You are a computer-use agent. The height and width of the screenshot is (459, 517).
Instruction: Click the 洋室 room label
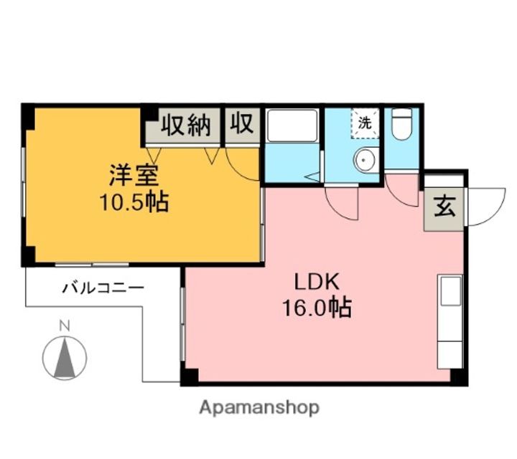(x=134, y=176)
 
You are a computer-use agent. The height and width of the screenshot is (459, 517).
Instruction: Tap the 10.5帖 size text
(x=134, y=202)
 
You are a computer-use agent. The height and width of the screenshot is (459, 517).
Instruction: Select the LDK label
(x=317, y=282)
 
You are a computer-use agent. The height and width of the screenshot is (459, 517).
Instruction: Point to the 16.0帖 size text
(x=317, y=308)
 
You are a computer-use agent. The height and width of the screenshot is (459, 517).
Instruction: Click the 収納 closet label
(x=185, y=125)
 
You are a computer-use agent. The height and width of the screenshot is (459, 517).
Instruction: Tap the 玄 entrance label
(x=444, y=207)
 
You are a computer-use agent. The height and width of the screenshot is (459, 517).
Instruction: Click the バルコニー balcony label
(x=103, y=288)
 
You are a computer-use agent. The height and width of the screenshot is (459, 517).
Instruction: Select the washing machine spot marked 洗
(x=365, y=123)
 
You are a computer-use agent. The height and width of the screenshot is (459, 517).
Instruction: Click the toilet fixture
(x=402, y=124)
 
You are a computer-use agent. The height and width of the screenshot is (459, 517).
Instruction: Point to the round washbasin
(x=364, y=160)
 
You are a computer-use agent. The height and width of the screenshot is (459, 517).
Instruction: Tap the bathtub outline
(x=292, y=126)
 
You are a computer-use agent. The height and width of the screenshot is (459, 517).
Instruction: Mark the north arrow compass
(x=65, y=358)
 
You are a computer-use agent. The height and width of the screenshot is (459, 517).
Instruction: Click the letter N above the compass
(x=65, y=326)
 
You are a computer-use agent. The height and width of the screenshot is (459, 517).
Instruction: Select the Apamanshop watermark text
(x=259, y=408)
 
